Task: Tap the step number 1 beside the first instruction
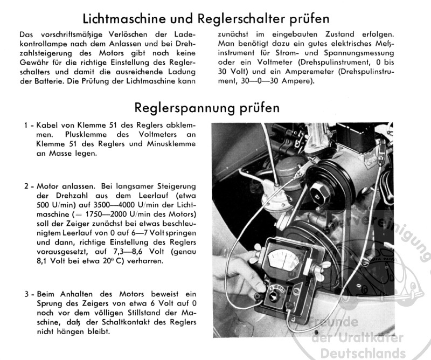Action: pos(27,125)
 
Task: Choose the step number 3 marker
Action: pos(27,295)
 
